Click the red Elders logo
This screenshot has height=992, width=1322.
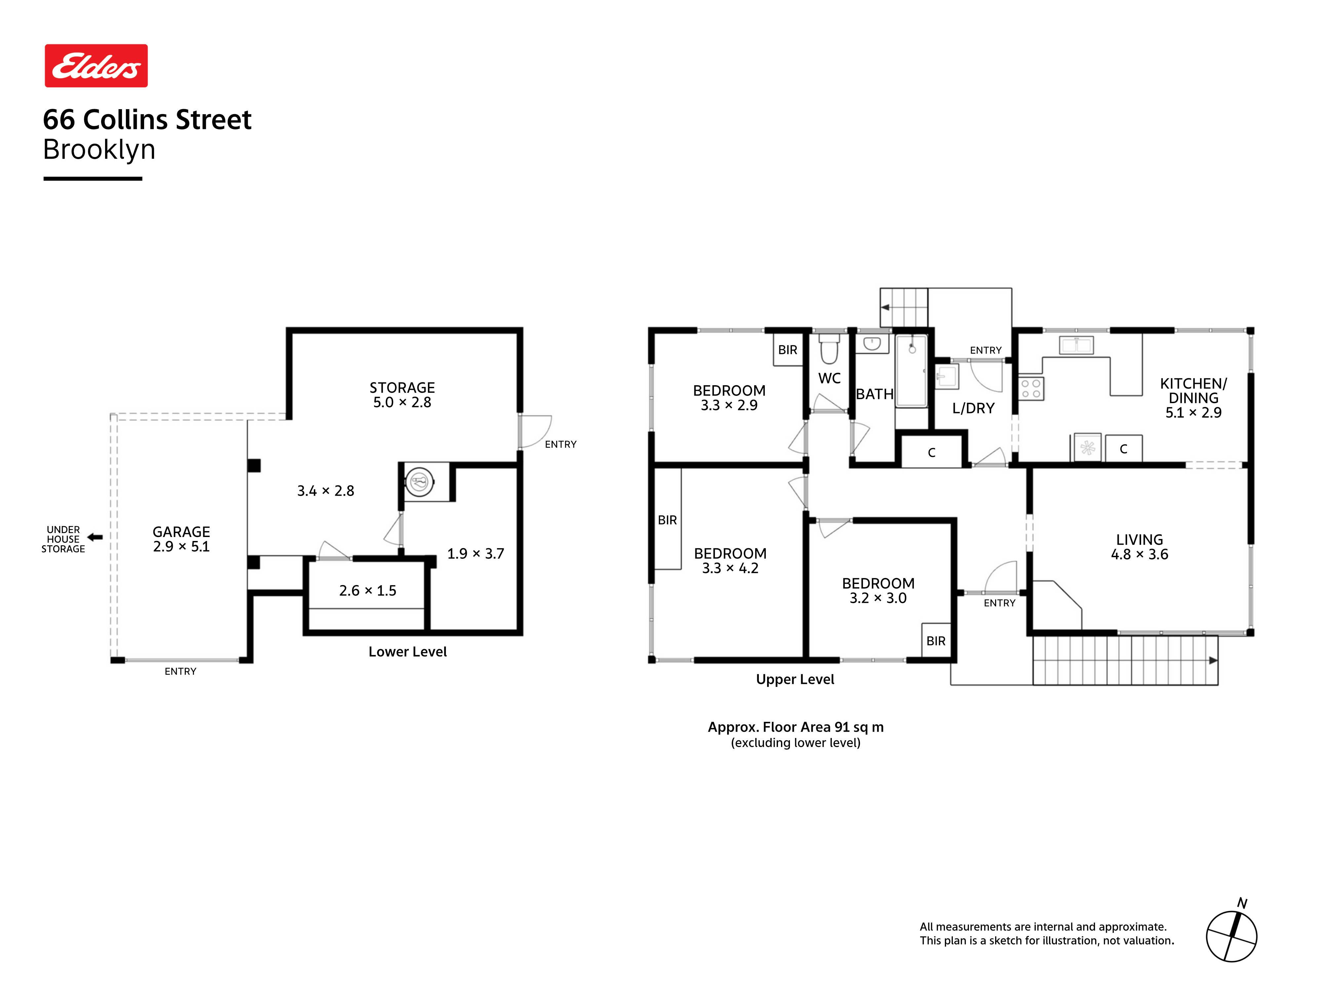[x=96, y=66]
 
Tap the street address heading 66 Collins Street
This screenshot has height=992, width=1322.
[x=147, y=120]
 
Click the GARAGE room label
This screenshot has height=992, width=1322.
[x=181, y=532]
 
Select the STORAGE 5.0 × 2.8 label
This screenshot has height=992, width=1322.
[x=402, y=394]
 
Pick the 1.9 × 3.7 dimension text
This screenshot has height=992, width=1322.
[x=476, y=554]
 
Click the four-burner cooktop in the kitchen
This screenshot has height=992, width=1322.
[x=1031, y=388]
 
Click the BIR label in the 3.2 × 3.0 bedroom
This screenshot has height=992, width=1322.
[x=936, y=641]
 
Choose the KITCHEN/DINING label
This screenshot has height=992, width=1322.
[x=1193, y=391]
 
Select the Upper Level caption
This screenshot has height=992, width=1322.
[x=795, y=679]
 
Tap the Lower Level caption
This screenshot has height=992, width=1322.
[x=408, y=652]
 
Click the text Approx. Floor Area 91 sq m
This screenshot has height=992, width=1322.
[x=796, y=727]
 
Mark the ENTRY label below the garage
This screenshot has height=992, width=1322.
[x=180, y=672]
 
